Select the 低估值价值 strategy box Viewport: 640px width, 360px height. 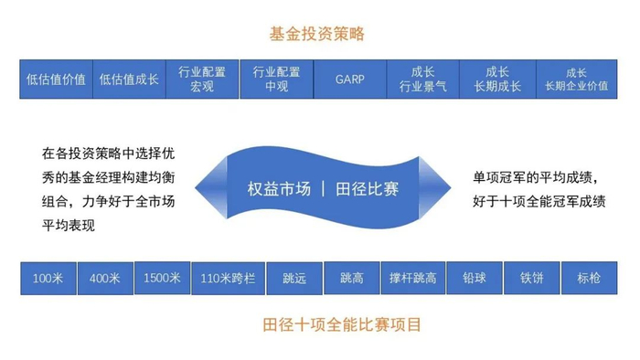point(56,79)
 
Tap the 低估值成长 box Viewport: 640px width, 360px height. point(129,79)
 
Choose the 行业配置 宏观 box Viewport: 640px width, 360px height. point(202,79)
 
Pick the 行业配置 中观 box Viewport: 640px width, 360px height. point(276,79)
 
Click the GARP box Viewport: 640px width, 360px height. point(349,79)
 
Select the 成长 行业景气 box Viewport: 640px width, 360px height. point(423,79)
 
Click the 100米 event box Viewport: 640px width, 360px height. point(48,278)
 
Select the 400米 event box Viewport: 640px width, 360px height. point(105,278)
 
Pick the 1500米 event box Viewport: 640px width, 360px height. point(162,278)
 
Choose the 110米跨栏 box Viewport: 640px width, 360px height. point(228,278)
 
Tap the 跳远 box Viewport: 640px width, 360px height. point(294,278)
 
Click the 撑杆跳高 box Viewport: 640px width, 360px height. point(413,278)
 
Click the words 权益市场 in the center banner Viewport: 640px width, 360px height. point(278,188)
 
